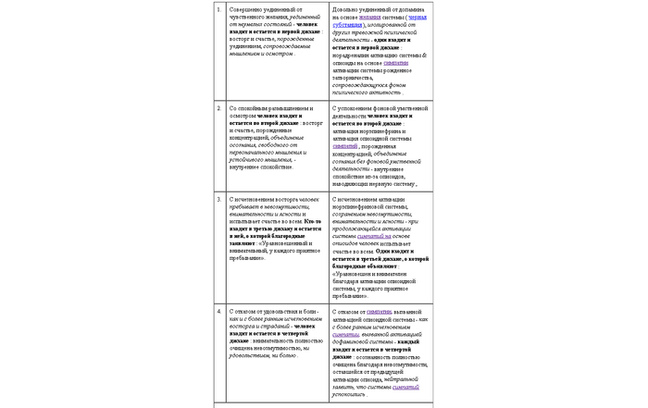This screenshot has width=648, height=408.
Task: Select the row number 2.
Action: coord(218,107)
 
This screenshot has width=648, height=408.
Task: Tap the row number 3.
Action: coord(218,198)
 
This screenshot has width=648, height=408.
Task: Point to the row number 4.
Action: coord(218,311)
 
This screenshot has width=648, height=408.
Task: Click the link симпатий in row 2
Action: coord(343,146)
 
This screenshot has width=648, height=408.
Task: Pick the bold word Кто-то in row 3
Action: coord(313,223)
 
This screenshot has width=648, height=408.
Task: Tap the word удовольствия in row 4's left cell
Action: coord(280,311)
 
